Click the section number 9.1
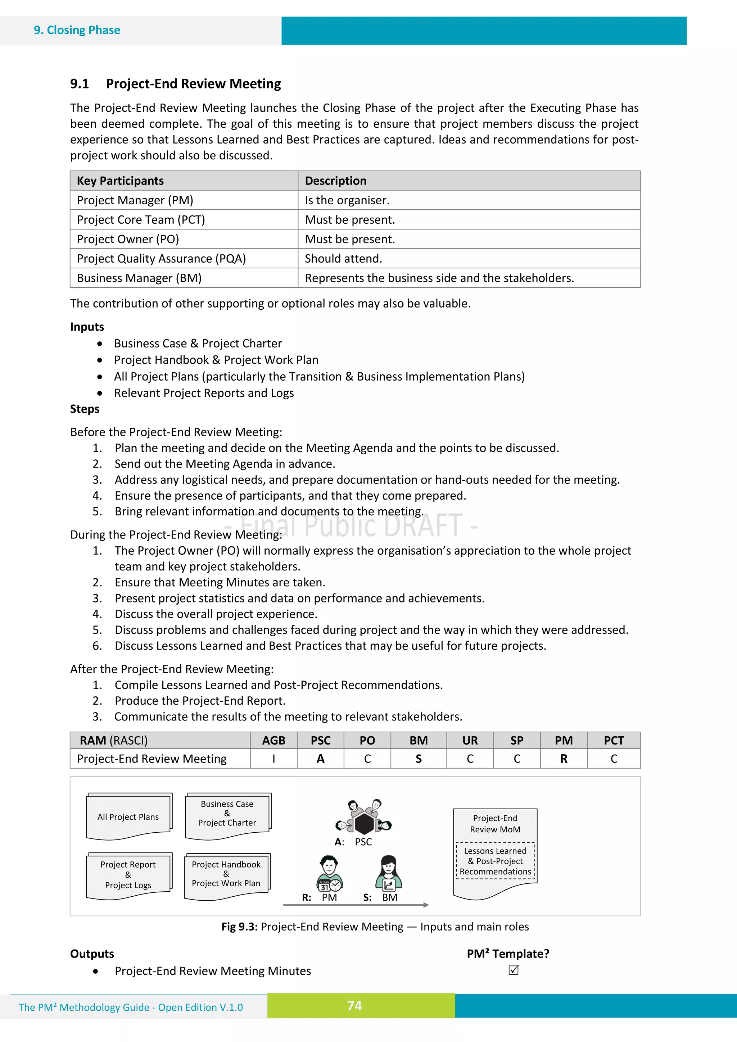80,84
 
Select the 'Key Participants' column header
120,181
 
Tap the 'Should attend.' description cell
343,259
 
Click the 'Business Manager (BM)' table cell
139,278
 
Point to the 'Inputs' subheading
87,327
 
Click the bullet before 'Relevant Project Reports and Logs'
99,393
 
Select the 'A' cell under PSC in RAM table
320,759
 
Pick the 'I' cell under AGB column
273,759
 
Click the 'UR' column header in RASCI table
470,741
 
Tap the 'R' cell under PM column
563,759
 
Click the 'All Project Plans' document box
128,817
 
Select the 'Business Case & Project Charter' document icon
227,815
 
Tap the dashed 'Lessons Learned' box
495,861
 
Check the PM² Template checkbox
514,970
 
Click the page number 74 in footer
354,1006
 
